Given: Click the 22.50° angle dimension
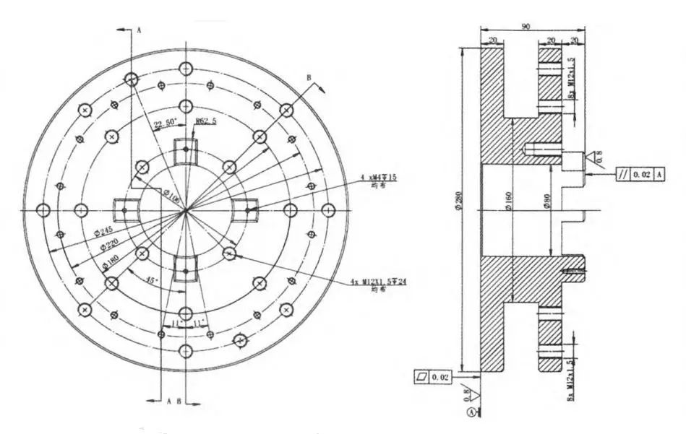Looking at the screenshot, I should [x=166, y=124].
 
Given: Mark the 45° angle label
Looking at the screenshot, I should [x=150, y=279].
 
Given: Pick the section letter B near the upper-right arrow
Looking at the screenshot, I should [x=307, y=77].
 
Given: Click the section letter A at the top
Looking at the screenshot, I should [x=138, y=30].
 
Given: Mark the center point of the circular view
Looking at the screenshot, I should [x=186, y=210].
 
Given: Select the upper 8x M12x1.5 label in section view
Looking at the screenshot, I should [x=571, y=80].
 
